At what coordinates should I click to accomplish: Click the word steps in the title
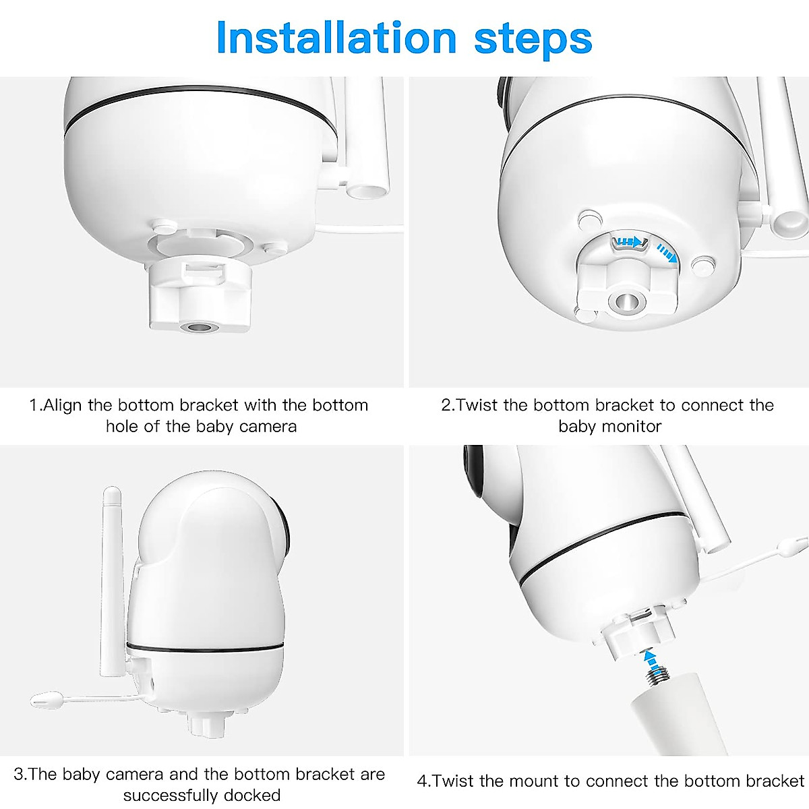tap(533, 39)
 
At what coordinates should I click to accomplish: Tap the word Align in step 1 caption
tap(63, 405)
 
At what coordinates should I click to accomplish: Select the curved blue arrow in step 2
tap(667, 254)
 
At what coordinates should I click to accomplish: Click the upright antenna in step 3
tap(111, 580)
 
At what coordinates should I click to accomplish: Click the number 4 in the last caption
tap(423, 781)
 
